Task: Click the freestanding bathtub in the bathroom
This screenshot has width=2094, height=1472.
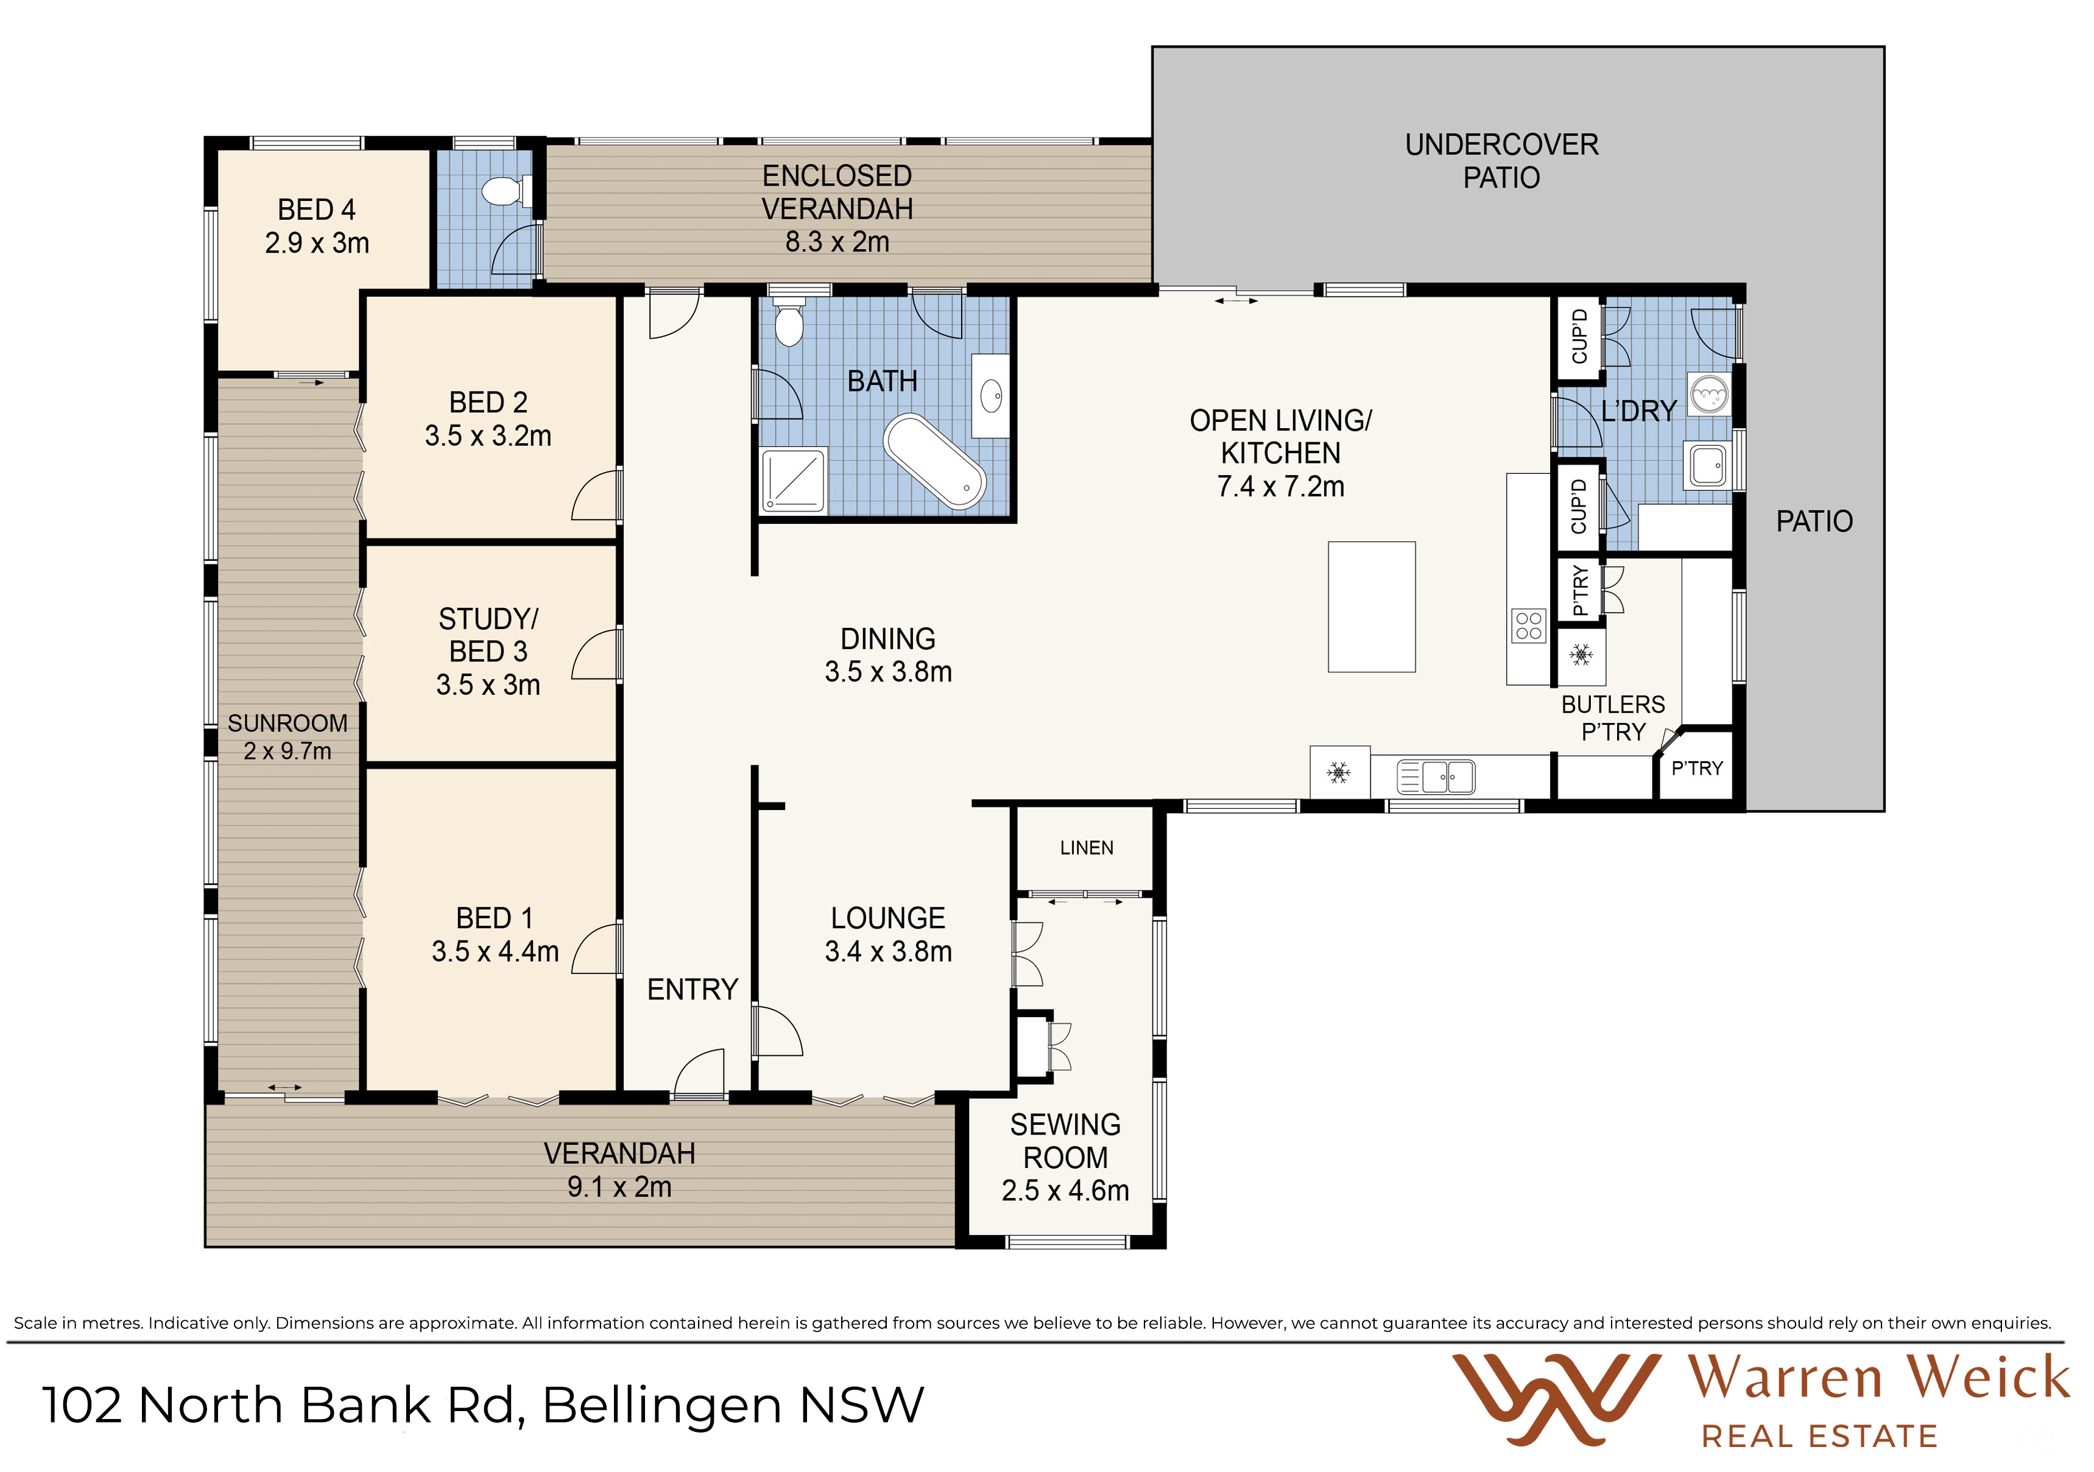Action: click(935, 460)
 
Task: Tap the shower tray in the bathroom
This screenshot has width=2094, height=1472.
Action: click(794, 481)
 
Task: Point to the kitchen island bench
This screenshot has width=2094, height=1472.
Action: click(1372, 607)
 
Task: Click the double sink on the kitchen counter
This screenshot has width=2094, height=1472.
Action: click(1436, 777)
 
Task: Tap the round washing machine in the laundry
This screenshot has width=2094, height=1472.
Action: click(1708, 394)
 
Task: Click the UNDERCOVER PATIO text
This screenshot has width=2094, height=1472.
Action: click(1501, 161)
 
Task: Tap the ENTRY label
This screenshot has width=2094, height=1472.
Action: click(693, 990)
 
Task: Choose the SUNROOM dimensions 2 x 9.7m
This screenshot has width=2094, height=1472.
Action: click(287, 752)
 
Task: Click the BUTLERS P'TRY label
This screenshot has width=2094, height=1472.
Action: click(1612, 718)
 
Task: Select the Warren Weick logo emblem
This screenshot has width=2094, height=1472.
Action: click(1556, 1399)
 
